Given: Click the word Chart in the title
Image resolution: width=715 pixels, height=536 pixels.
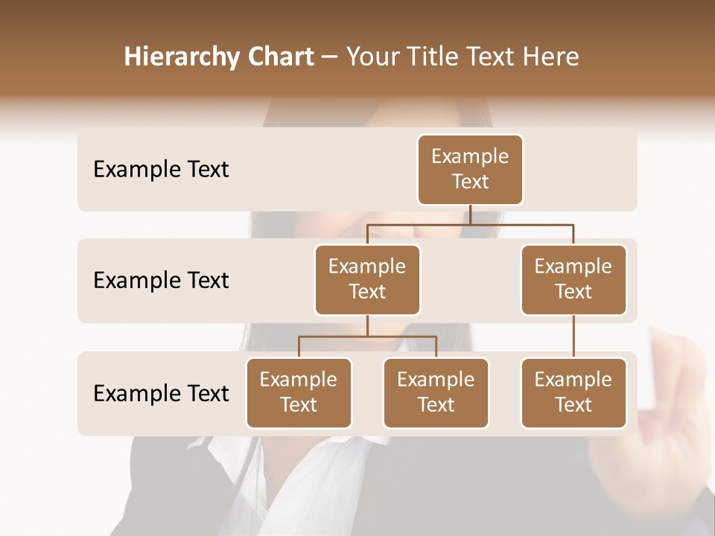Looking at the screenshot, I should click(x=278, y=57).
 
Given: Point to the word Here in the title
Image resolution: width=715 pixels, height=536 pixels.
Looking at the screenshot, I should click(x=551, y=57).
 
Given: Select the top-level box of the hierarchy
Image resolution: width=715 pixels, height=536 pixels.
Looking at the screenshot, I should click(x=470, y=170).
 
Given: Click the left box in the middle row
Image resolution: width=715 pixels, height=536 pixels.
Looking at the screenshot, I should click(x=367, y=279).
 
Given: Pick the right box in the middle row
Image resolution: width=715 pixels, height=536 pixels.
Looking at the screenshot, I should click(x=573, y=279).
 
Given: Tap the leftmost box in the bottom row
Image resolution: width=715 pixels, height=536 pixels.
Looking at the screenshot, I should click(x=299, y=392).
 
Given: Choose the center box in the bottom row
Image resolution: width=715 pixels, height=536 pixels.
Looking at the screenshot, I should click(x=436, y=392).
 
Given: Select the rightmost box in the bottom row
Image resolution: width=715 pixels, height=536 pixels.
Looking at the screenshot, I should click(x=573, y=392).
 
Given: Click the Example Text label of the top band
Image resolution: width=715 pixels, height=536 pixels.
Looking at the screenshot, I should click(x=161, y=170).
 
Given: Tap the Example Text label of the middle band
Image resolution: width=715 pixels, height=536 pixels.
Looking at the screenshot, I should click(x=161, y=281).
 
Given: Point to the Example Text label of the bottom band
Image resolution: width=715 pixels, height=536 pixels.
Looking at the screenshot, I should click(x=161, y=393).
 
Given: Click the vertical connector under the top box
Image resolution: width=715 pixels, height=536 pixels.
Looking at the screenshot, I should click(x=470, y=214).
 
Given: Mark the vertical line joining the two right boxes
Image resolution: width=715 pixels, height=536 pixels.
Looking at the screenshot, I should click(x=573, y=336).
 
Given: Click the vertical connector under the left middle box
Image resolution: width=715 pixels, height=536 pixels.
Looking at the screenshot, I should click(x=367, y=325).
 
